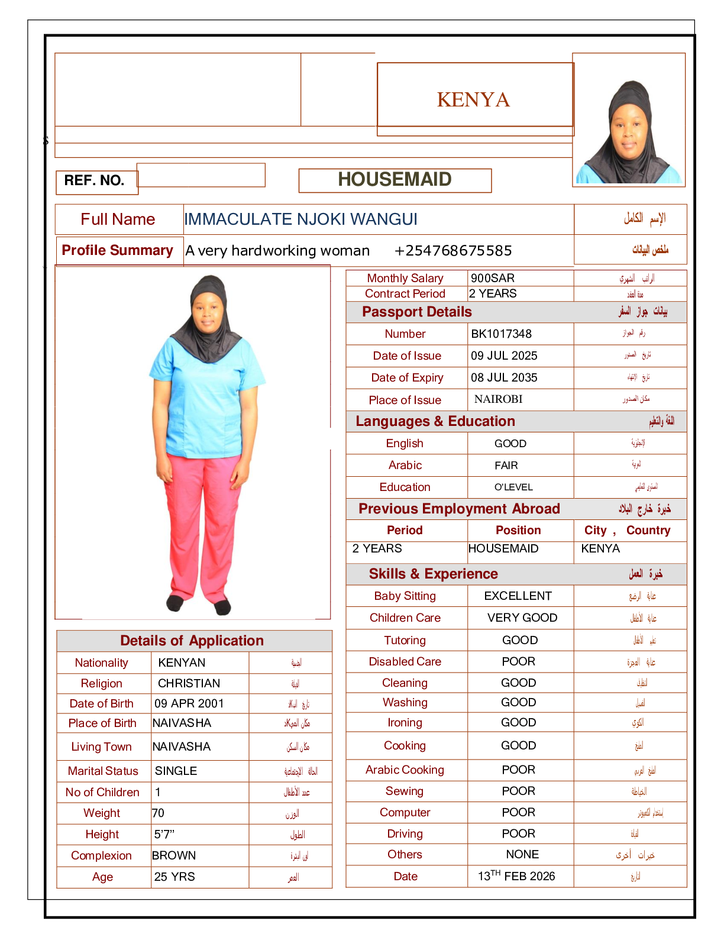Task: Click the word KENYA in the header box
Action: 473,99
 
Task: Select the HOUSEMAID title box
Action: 395,180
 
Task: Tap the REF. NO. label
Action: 95,180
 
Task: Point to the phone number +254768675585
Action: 453,251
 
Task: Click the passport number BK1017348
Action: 501,334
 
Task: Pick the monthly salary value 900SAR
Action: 493,278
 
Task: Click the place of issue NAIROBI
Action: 498,399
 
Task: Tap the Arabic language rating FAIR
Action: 506,466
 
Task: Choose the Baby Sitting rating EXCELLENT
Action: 518,596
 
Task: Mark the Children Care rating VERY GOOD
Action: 522,618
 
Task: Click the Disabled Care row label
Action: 405,661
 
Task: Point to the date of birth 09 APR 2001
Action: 189,703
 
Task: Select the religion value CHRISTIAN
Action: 189,683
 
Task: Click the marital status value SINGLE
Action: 176,771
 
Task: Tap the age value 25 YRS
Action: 174,877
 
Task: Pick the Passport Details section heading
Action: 417,312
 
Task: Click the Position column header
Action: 518,530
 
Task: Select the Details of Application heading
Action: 192,641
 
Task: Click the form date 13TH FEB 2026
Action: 516,876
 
